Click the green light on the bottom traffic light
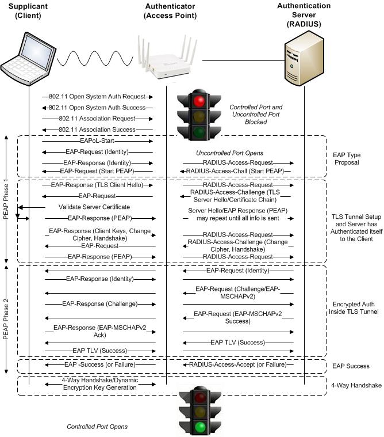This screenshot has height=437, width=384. pos(200,427)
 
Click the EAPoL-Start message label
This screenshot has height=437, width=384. pos(97,140)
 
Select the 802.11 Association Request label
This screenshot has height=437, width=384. pos(97,119)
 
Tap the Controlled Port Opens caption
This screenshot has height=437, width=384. pos(97,427)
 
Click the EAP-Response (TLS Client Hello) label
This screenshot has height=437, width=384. pos(97,185)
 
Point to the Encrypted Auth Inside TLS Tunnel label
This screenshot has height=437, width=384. pos(355,308)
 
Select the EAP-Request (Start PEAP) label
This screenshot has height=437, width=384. pos(97,172)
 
